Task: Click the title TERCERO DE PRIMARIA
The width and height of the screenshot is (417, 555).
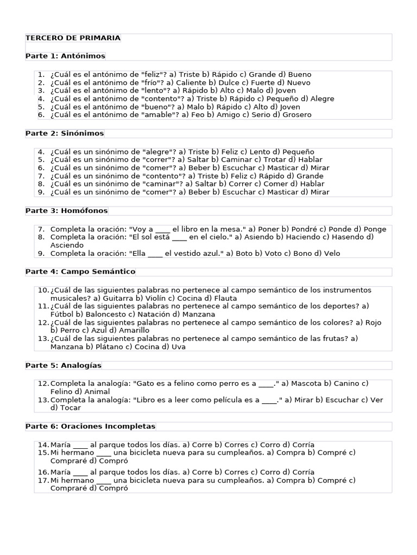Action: click(73, 38)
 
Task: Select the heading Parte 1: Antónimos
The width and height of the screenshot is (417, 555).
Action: click(65, 56)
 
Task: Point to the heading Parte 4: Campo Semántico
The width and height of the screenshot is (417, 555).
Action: click(80, 271)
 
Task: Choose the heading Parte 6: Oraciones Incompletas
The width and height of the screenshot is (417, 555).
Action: click(90, 426)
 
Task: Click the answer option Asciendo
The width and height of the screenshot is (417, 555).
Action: click(67, 245)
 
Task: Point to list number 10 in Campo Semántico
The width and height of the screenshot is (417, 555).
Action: click(43, 291)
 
